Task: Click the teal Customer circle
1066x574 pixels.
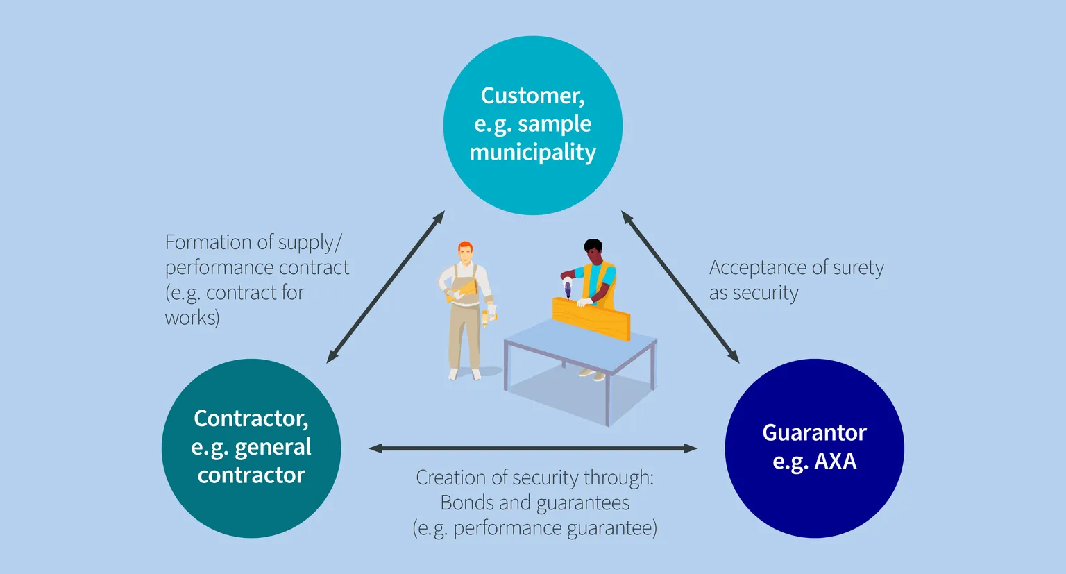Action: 533,126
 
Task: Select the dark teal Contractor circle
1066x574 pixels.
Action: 251,448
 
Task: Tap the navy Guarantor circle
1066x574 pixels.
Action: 814,448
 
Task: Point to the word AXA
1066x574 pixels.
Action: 835,461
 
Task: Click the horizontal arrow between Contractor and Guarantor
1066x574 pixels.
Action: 533,448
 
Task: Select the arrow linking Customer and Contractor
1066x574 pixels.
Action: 386,287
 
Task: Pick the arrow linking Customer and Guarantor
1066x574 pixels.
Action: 680,287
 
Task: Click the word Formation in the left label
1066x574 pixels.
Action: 208,242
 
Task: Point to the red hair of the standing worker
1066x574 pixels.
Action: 466,248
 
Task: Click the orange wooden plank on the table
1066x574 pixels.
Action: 591,319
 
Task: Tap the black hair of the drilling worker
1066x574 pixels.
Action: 593,246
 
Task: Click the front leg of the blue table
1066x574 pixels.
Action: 607,400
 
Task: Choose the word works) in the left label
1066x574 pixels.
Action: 192,318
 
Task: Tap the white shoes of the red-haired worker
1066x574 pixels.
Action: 464,374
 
